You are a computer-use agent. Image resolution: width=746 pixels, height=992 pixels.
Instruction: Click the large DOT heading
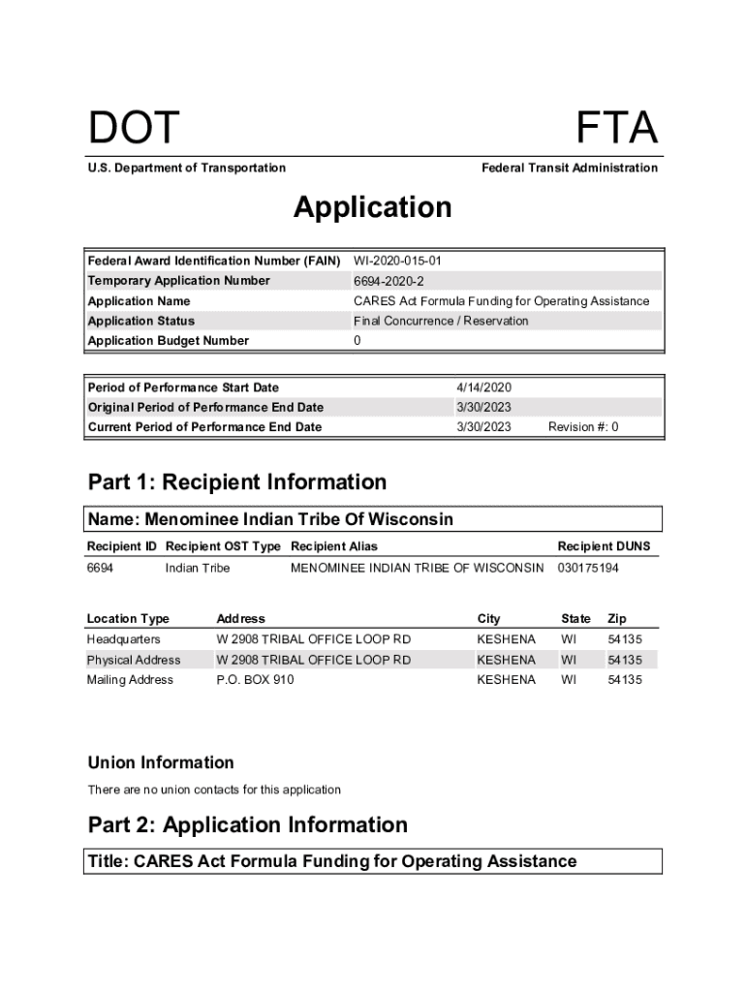pos(134,129)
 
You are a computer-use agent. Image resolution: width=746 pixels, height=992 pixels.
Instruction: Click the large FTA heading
pos(616,129)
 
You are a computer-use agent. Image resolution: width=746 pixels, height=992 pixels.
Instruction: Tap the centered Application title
pos(372,207)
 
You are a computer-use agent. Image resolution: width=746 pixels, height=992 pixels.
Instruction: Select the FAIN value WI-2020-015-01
pos(398,261)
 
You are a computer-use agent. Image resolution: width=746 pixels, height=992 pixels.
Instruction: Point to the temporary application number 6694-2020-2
pos(389,281)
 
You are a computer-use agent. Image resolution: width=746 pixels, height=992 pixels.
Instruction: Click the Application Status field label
pos(141,321)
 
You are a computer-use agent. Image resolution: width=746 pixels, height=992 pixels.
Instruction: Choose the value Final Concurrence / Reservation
pos(441,321)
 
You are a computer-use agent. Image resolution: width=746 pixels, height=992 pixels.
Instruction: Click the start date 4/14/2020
pos(483,387)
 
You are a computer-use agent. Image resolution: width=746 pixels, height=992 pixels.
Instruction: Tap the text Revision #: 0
pos(583,427)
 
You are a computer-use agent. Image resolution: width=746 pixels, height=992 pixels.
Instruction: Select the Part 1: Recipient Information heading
pos(237,482)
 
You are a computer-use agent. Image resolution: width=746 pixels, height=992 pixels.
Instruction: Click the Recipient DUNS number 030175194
pos(588,568)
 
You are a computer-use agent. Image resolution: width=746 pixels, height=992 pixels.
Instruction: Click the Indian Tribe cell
pos(198,568)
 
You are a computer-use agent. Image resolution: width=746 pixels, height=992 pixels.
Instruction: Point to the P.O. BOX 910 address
pos(255,680)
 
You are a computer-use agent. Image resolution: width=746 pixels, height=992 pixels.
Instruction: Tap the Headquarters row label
pos(124,639)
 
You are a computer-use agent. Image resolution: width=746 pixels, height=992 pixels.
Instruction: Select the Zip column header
pos(617,618)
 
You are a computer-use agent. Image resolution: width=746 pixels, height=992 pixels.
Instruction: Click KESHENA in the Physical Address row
pos(506,660)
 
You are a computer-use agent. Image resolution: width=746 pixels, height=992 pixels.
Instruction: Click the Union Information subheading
pos(161,762)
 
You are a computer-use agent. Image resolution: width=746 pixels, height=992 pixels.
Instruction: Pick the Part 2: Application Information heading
pos(248,825)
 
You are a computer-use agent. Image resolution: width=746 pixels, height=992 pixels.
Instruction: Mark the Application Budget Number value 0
pos(357,341)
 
